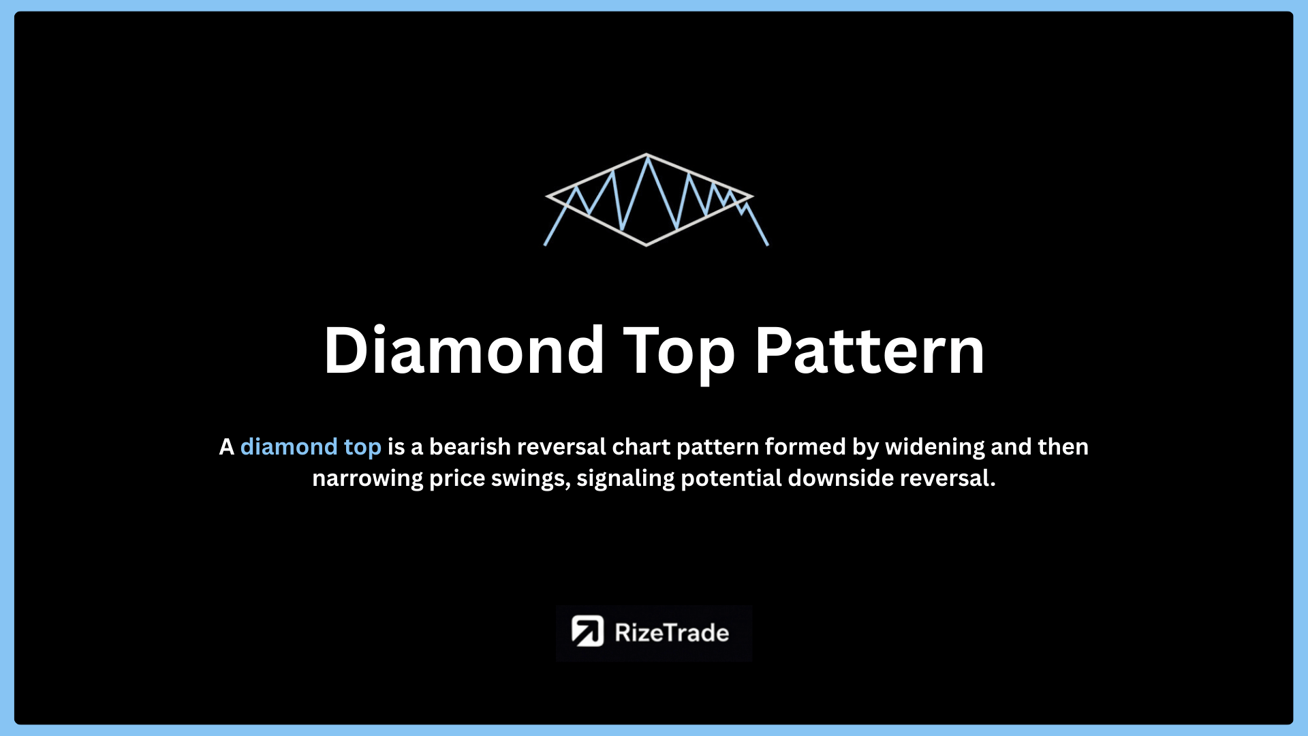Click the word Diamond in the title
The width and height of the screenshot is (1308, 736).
coord(464,350)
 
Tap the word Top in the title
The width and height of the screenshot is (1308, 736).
coord(679,354)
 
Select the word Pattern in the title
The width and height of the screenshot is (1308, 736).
coord(870,350)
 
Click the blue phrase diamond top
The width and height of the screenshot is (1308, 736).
coord(311,448)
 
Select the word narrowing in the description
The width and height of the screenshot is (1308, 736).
coord(368,479)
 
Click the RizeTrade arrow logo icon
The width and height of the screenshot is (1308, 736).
coord(587,631)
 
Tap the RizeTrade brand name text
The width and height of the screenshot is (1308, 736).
coord(672,633)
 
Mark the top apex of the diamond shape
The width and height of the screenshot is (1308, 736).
coord(647,155)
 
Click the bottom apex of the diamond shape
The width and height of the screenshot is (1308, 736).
coord(647,245)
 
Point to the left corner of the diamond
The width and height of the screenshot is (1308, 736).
coord(546,196)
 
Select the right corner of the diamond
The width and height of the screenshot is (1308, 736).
coord(752,196)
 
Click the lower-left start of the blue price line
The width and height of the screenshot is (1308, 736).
coord(545,245)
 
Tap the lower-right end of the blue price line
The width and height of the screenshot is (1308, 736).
coord(768,245)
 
